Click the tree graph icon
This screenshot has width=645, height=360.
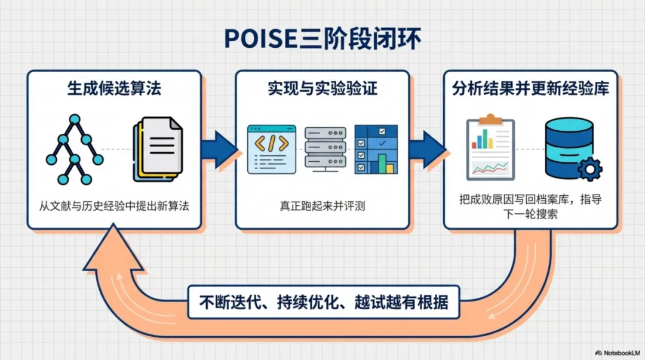point(74,149)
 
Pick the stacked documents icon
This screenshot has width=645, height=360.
point(157,148)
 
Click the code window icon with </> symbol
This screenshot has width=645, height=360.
point(272,149)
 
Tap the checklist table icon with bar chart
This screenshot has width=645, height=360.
point(376,149)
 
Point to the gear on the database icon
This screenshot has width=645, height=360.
point(589,170)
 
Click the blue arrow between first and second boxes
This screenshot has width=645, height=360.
point(219,149)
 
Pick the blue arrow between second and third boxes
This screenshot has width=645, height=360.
point(426,149)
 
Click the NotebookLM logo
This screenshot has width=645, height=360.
point(618,353)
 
